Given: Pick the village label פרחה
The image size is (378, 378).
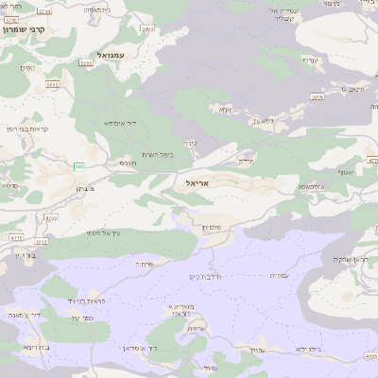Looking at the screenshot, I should (x=144, y=264).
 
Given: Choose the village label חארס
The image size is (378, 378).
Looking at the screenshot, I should (x=128, y=163).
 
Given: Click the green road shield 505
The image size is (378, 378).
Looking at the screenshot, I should (x=78, y=167).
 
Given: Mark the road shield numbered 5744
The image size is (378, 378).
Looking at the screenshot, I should (x=44, y=10).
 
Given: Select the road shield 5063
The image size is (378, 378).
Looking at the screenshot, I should (x=86, y=64).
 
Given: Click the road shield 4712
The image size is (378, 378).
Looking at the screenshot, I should (x=43, y=242).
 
